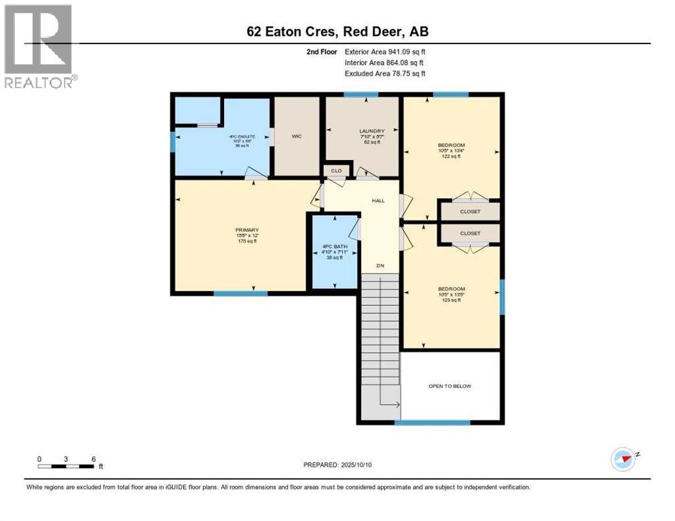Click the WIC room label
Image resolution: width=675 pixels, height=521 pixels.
[x=296, y=136]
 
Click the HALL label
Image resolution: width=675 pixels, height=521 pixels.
[x=378, y=201]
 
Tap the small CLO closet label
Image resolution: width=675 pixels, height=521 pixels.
[x=336, y=171]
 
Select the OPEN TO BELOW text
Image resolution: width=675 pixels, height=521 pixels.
[x=450, y=386]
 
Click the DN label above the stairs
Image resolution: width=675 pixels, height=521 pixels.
[x=380, y=266]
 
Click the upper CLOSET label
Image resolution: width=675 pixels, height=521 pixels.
[x=470, y=211]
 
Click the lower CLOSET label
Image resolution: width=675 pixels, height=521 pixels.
[x=470, y=233]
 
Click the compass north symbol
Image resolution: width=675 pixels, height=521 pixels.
[x=623, y=459]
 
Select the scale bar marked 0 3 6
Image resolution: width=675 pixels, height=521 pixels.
[x=67, y=463]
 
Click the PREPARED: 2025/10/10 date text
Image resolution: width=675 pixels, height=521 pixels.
[x=337, y=465]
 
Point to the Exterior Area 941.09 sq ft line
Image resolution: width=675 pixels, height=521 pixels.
[x=384, y=52]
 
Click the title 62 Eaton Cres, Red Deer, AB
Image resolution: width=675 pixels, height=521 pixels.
[x=337, y=31]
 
